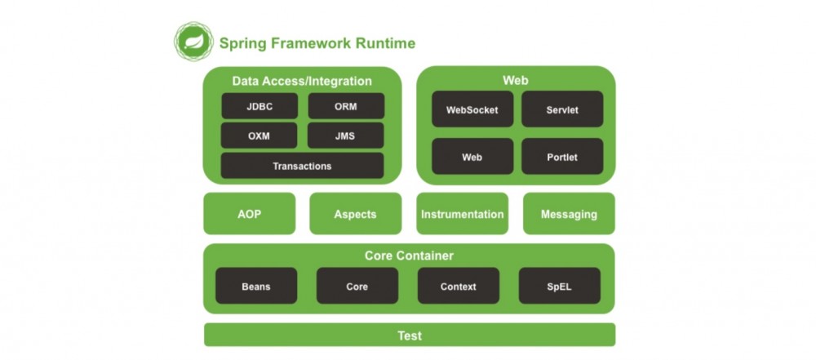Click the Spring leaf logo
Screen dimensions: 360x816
click(x=193, y=42)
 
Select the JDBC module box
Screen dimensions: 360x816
click(x=259, y=106)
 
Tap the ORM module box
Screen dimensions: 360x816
click(x=345, y=106)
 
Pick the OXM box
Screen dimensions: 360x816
click(x=259, y=136)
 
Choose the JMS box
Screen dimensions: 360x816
click(x=345, y=136)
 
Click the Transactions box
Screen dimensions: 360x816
click(x=302, y=166)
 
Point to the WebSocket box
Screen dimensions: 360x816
click(x=472, y=109)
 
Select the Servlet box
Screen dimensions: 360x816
click(x=562, y=109)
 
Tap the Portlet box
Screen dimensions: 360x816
click(x=562, y=156)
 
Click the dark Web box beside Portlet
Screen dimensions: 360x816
click(x=472, y=156)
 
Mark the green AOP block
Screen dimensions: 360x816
click(x=250, y=214)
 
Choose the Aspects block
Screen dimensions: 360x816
click(x=355, y=214)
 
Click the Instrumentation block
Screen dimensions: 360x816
click(x=462, y=214)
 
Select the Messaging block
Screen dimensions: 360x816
click(x=569, y=214)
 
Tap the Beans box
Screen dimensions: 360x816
click(x=256, y=287)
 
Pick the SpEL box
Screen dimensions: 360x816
click(x=559, y=287)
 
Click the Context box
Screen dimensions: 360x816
click(x=458, y=287)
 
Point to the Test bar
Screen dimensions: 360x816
click(x=409, y=335)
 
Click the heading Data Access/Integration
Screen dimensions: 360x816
click(x=302, y=81)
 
